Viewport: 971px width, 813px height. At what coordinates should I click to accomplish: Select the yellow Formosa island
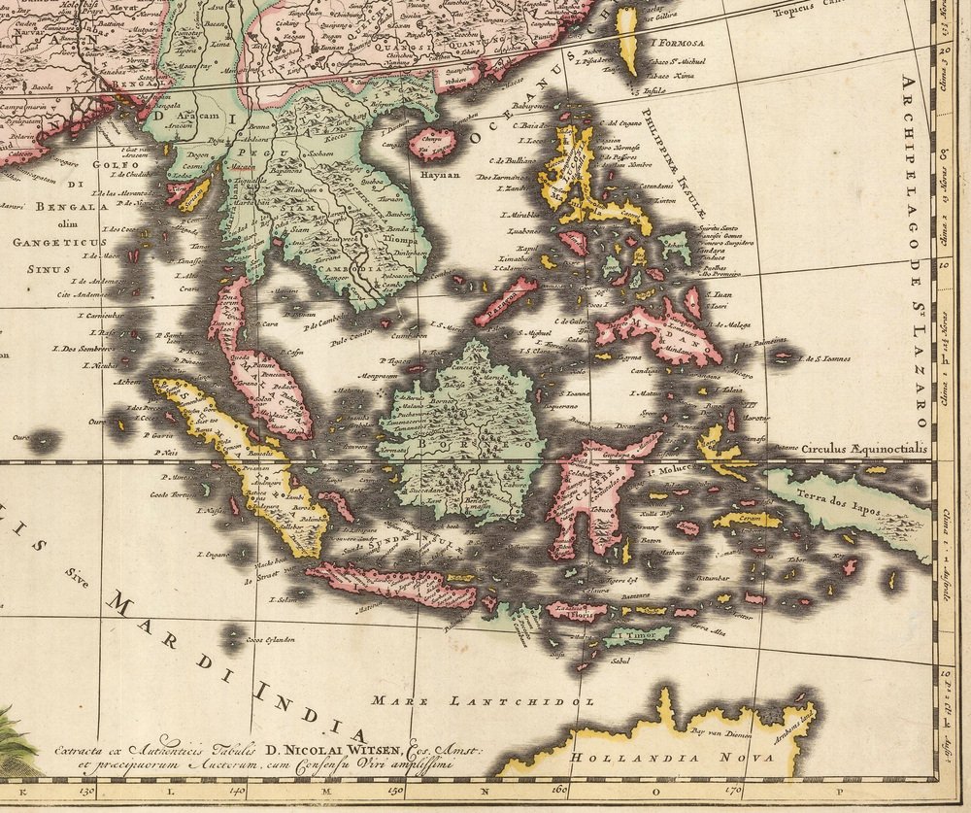coord(629,41)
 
